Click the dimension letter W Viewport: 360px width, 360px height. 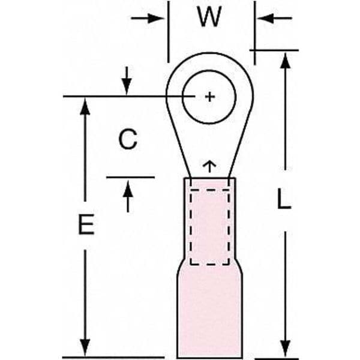(x=209, y=18)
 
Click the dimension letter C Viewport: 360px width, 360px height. (x=127, y=140)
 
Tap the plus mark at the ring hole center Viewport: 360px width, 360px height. (x=209, y=97)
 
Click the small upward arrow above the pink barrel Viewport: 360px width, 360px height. (x=209, y=164)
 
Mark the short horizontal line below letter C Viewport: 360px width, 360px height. (x=130, y=177)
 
